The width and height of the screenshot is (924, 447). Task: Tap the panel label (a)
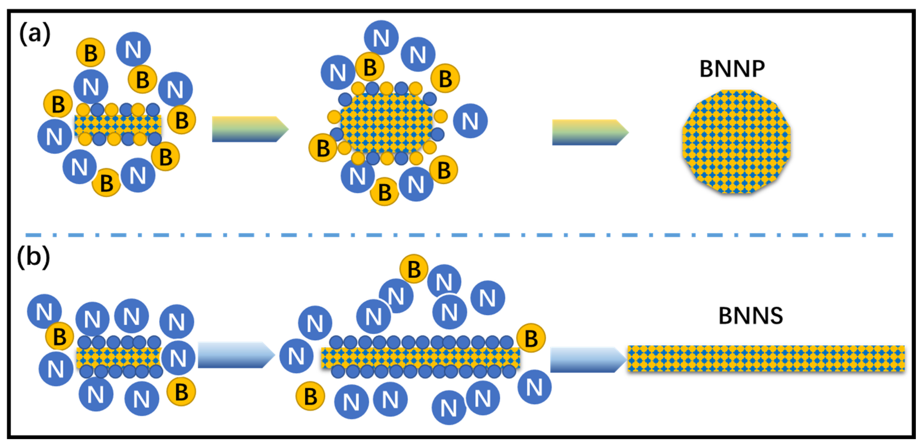(34, 33)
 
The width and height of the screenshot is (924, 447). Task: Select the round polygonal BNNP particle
(736, 142)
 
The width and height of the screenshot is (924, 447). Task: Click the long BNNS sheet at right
(766, 358)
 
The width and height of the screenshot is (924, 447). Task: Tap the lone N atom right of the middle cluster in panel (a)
(470, 121)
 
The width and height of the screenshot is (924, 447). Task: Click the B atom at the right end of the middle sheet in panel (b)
(531, 338)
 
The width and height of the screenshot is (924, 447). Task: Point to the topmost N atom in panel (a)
(381, 38)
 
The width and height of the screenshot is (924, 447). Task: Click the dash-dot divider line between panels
(459, 235)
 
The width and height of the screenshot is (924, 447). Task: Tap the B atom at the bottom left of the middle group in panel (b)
(310, 396)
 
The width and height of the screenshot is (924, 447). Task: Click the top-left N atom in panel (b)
(44, 311)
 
